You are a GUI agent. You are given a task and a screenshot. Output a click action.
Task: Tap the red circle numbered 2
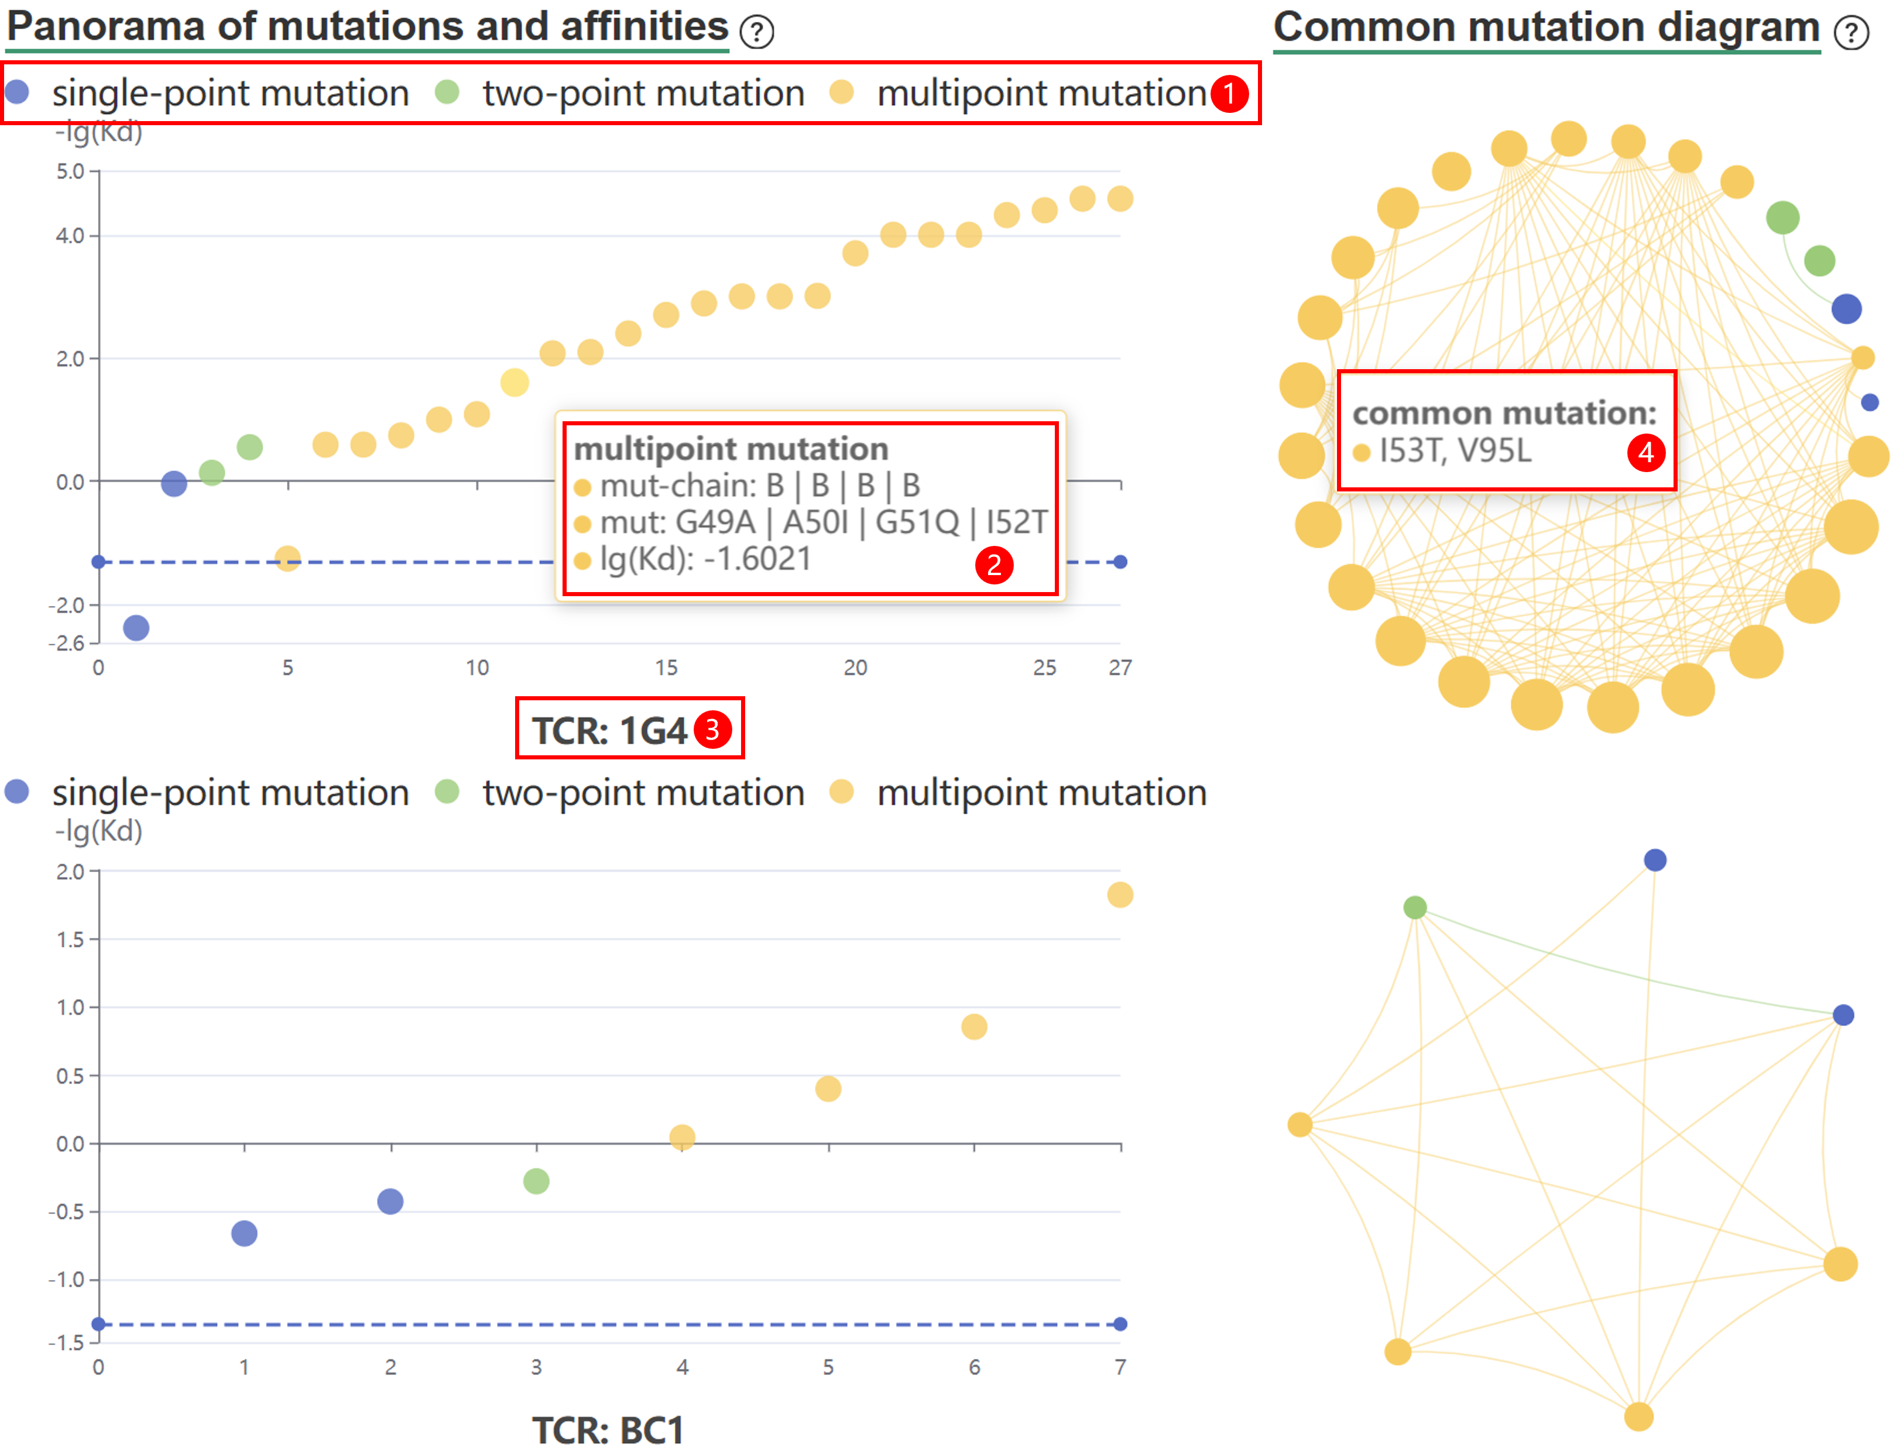coord(994,565)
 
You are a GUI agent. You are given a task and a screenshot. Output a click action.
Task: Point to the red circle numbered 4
coord(1646,452)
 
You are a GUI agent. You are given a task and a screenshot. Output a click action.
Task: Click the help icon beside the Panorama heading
coord(757,32)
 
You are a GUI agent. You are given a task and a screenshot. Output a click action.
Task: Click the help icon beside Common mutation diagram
coord(1851,33)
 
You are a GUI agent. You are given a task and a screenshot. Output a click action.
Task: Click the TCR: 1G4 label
coord(609,731)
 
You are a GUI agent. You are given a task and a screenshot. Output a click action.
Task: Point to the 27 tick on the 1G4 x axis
coord(1120,667)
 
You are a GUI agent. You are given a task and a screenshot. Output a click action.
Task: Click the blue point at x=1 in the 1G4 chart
coord(136,627)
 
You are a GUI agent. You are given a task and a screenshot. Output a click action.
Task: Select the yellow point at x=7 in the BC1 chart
coord(1120,895)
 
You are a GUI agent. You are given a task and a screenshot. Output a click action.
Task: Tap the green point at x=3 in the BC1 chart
coord(536,1181)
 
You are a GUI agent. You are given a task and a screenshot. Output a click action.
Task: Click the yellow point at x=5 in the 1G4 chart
coord(287,559)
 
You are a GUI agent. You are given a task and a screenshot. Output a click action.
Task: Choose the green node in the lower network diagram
coord(1415,907)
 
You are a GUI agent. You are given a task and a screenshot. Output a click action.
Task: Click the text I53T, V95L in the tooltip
coord(1455,450)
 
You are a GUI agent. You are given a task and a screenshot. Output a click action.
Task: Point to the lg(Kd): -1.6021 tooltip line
coord(705,559)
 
